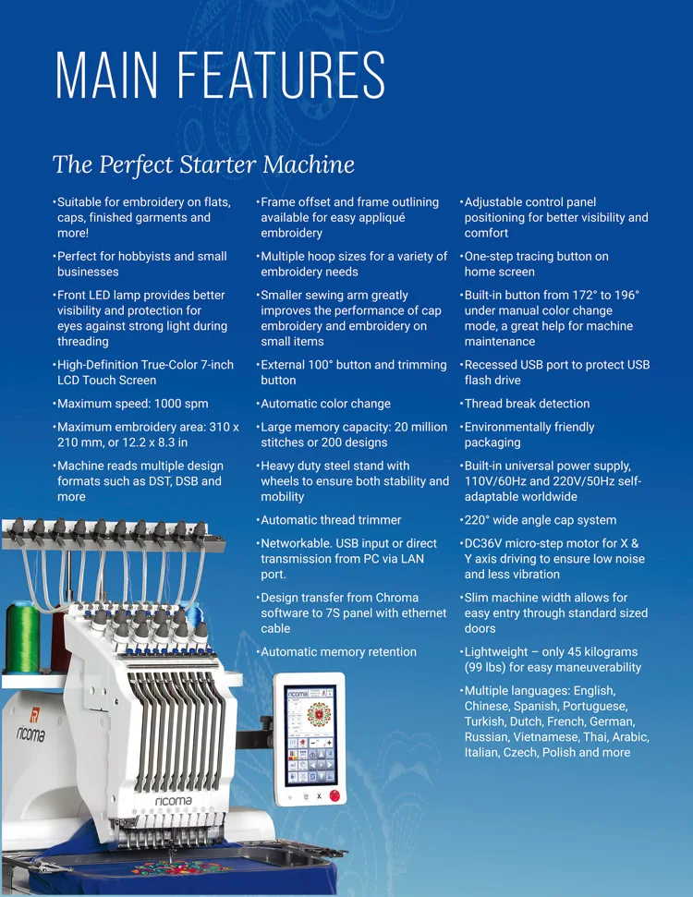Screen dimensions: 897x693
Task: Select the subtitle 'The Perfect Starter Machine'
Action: click(203, 164)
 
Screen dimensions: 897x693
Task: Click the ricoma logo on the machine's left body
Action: click(30, 734)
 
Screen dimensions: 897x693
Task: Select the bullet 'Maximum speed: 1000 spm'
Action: click(132, 404)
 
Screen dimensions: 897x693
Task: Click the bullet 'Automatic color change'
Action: click(325, 404)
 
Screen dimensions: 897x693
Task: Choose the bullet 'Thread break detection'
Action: click(527, 404)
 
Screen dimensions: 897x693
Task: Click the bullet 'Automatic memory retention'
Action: click(338, 652)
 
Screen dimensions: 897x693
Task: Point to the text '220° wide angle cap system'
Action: click(540, 520)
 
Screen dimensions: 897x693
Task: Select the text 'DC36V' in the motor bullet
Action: click(485, 543)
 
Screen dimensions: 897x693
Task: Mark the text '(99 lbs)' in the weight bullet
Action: click(486, 668)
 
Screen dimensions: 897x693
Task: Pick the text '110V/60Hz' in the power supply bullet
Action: click(492, 481)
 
